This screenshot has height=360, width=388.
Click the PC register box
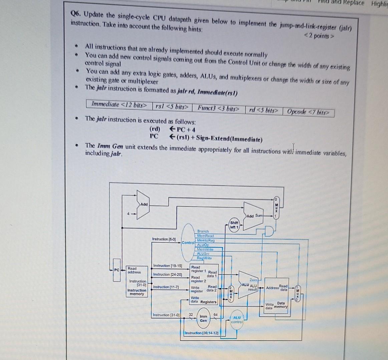point(116,270)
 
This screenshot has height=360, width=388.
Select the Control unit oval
point(188,242)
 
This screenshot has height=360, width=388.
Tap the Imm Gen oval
point(203,319)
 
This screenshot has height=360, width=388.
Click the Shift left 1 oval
point(234,225)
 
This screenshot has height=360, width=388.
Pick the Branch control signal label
point(203,231)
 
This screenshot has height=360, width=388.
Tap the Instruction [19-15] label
point(167,266)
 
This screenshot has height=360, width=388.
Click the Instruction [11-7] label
point(166,287)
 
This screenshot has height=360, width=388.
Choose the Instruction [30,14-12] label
point(202,333)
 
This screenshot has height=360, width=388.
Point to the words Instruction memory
point(137,292)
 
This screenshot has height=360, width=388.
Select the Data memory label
point(280,305)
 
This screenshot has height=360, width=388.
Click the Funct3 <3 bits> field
point(219,108)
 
